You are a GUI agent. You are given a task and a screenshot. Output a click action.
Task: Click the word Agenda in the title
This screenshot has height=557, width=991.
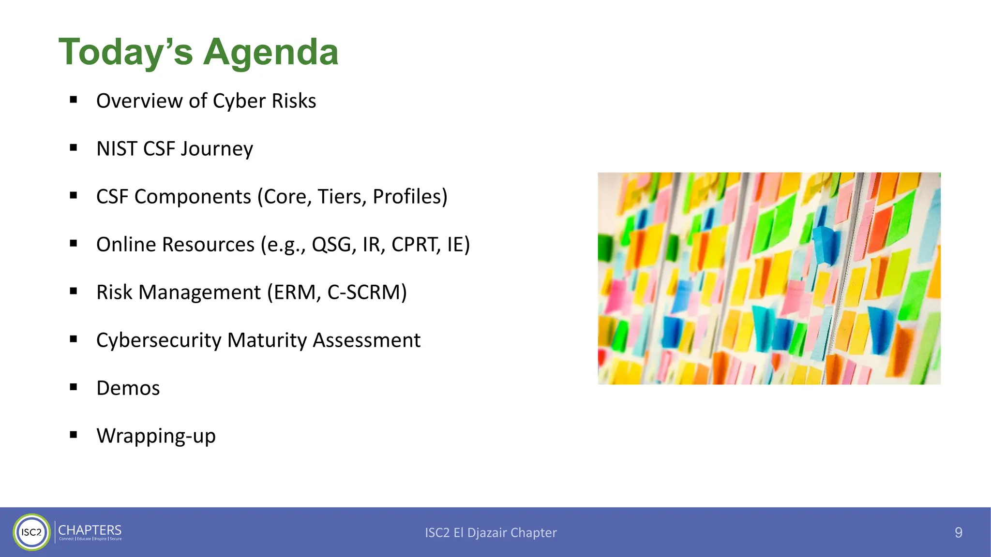[270, 52]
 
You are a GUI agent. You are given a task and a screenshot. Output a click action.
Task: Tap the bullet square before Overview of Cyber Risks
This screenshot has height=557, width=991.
[74, 100]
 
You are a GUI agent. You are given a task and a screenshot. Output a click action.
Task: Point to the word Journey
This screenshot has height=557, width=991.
[216, 149]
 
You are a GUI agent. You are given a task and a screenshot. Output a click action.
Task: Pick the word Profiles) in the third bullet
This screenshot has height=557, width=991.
[410, 196]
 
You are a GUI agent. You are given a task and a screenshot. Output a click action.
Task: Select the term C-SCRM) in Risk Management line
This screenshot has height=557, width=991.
[367, 292]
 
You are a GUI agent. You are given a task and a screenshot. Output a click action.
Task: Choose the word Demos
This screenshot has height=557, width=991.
[128, 388]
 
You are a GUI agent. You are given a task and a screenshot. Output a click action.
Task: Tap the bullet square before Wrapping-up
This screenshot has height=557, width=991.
[74, 435]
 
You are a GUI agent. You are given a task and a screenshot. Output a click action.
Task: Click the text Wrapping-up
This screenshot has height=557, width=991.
[156, 436]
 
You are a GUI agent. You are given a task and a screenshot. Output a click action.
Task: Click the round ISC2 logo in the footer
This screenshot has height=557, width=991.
[31, 532]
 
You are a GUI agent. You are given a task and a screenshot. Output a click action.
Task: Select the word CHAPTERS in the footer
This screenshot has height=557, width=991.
[90, 529]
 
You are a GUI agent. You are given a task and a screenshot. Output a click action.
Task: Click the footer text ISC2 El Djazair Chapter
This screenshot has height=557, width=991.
[491, 532]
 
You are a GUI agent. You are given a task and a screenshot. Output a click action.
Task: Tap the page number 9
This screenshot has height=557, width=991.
[958, 532]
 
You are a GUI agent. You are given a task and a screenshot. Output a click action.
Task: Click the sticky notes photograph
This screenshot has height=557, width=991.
[769, 278]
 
